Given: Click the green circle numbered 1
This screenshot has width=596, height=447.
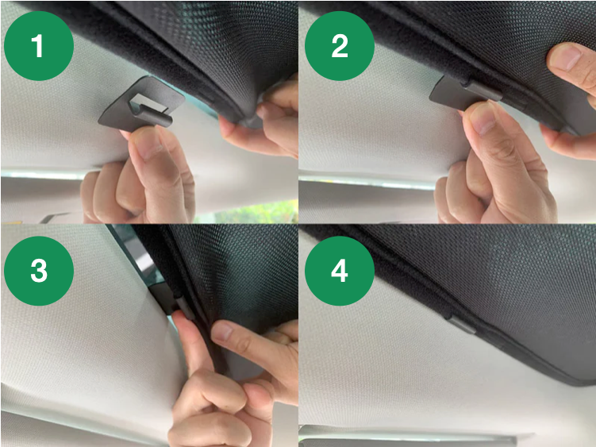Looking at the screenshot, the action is tap(39, 45).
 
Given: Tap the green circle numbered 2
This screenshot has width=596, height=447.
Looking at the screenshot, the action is tap(340, 45).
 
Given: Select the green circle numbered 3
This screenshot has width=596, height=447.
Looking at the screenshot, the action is tap(39, 271).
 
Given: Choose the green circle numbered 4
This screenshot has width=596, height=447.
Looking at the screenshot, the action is tap(340, 271).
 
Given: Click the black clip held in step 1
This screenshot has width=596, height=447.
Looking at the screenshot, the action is tap(141, 102).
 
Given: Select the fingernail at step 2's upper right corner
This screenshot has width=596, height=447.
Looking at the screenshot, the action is tap(567, 57).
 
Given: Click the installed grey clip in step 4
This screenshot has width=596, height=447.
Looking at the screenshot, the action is tap(460, 324).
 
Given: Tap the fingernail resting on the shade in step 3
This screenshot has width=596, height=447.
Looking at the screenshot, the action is tap(223, 330).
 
